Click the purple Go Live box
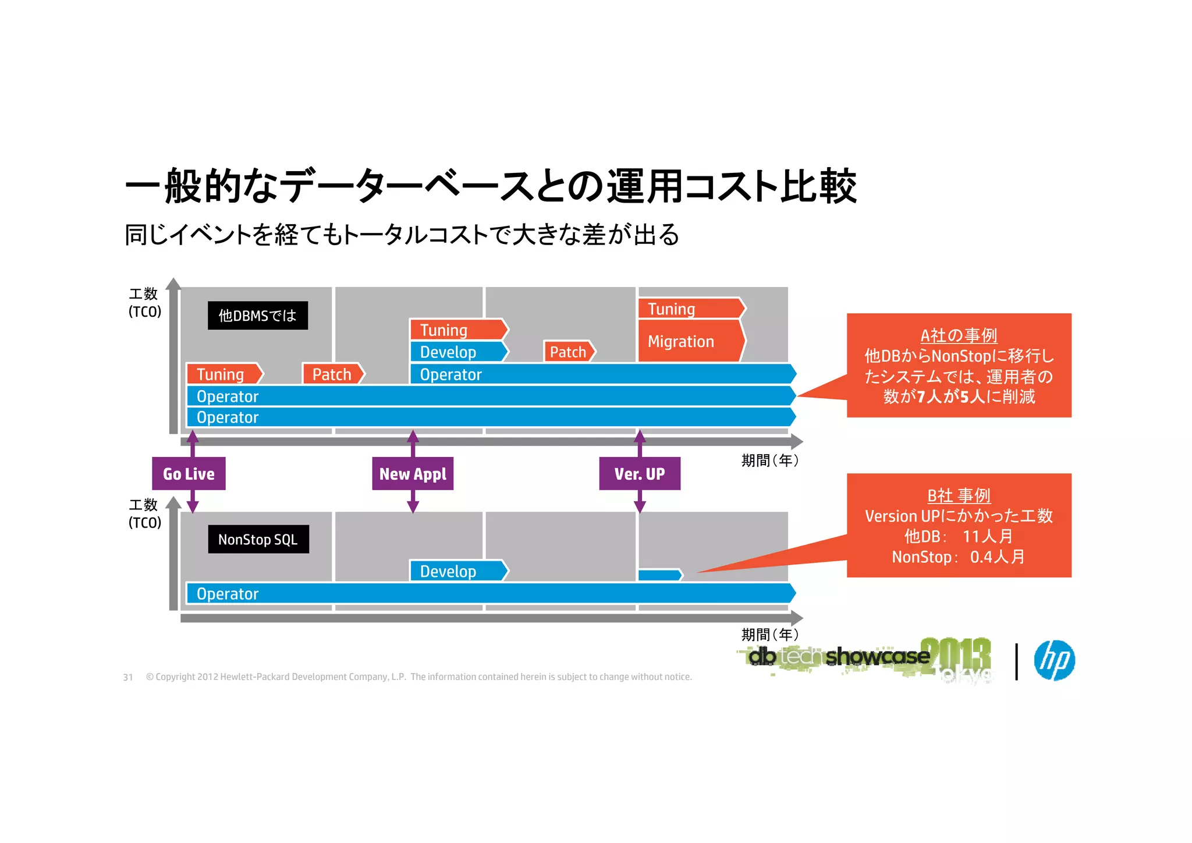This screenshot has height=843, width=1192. pos(189,473)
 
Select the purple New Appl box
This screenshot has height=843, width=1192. pos(413,473)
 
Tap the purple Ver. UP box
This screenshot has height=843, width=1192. pos(640,473)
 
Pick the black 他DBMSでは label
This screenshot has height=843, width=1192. pos(258,316)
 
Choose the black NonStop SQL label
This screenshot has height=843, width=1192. pos(258,539)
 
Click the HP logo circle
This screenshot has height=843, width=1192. pos(1054,660)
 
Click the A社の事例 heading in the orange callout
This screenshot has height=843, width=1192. pos(959,335)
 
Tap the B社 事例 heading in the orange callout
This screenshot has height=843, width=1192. pos(959,495)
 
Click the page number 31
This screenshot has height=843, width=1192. pos(128,677)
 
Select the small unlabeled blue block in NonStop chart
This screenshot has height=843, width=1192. pos(659,575)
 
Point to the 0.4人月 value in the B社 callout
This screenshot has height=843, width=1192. pos(997,557)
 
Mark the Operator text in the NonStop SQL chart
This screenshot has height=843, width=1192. pos(228,594)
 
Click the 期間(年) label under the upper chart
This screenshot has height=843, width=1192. pos(769,461)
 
